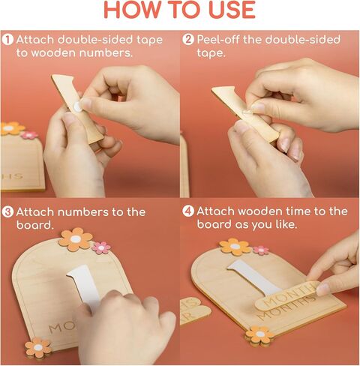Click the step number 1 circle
7,40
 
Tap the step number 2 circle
188,40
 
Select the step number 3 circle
7,212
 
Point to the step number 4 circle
188,211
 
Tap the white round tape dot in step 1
77,107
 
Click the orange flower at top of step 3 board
76,239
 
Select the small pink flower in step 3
101,247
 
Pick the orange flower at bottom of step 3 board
38,347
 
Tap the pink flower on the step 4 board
261,250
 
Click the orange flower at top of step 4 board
235,247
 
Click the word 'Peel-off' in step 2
218,40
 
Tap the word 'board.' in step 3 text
35,225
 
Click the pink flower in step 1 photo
29,135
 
